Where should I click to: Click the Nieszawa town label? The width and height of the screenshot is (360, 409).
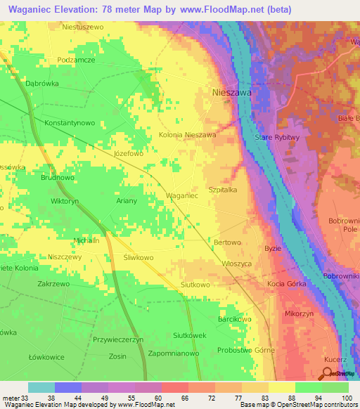[x=232, y=92]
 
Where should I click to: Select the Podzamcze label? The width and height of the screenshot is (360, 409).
[x=76, y=60]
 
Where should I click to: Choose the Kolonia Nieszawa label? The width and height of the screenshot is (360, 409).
[x=187, y=134]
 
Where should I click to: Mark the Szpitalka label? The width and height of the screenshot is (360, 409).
[x=224, y=190]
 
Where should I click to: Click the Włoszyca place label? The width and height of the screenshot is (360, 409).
[x=237, y=263]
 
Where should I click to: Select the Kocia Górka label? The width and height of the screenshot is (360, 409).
[x=285, y=283]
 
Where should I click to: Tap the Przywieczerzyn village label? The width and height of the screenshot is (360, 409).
[x=118, y=339]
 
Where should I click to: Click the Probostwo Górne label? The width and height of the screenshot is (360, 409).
[x=246, y=350]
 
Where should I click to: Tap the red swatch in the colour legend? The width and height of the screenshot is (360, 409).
[x=174, y=387]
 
